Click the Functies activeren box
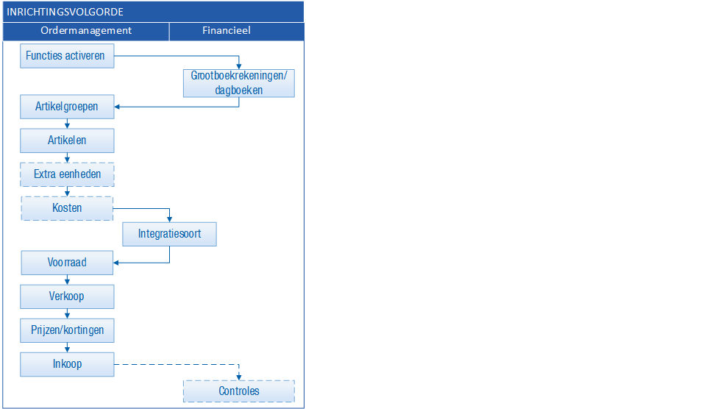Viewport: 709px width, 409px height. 67,56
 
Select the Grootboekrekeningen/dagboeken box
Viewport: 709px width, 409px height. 239,83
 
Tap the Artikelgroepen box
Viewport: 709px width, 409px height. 67,107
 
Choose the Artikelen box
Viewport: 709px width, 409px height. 67,141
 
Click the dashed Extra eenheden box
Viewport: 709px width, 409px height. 67,174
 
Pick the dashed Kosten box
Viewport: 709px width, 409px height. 67,209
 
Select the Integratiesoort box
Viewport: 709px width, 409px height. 170,234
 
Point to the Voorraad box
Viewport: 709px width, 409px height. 67,263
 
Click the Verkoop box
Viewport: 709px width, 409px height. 67,296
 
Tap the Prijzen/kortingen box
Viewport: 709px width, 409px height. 67,330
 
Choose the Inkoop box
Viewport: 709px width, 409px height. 67,364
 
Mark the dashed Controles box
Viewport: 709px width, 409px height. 239,391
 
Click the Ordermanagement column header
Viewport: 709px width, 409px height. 86,31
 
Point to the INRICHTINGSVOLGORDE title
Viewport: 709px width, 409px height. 65,12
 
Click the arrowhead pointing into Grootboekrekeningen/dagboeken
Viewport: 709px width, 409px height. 239,66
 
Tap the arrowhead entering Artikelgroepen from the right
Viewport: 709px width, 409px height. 117,107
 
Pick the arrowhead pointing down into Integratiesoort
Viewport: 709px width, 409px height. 170,219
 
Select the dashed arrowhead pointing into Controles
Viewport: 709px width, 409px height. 239,377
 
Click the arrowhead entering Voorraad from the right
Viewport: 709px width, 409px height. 115,263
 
